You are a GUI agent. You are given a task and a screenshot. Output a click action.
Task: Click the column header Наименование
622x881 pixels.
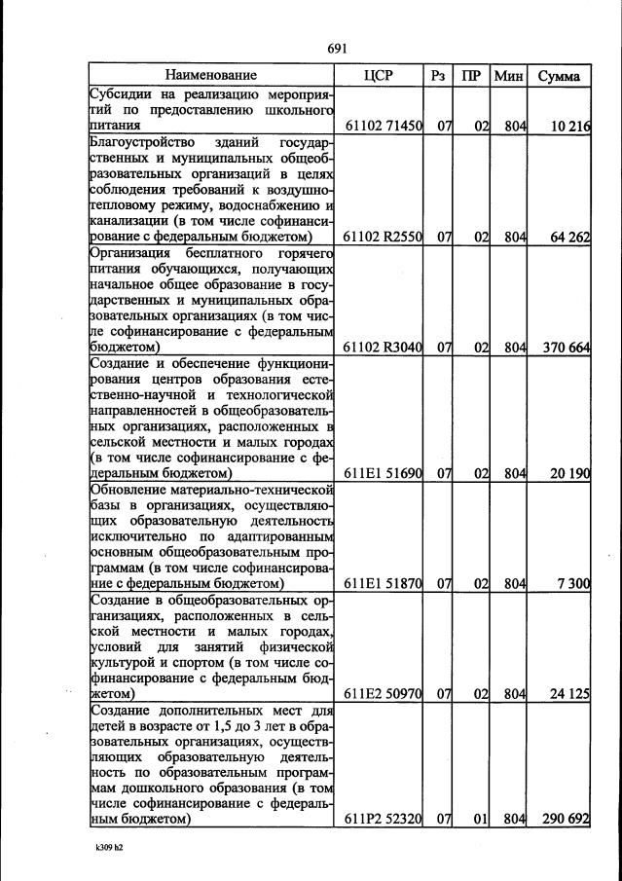click(x=210, y=75)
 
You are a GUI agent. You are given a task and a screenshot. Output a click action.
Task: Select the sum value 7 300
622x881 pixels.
click(x=573, y=583)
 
